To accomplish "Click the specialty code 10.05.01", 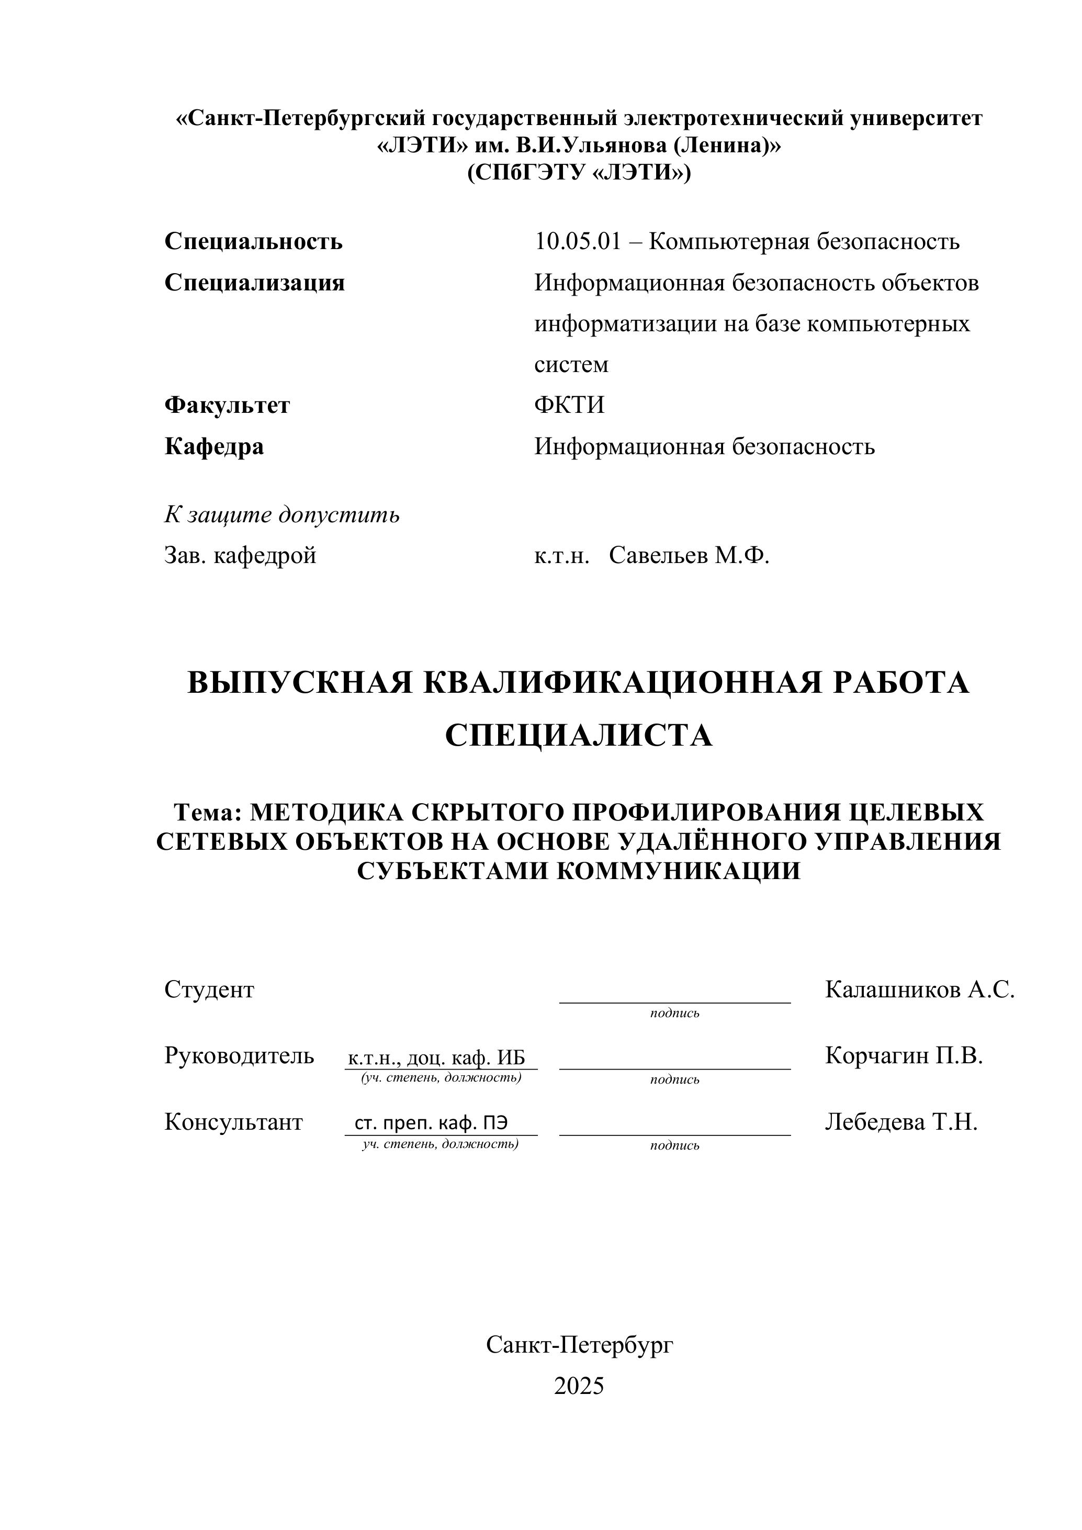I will pyautogui.click(x=577, y=241).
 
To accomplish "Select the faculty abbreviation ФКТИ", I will pyautogui.click(x=569, y=405).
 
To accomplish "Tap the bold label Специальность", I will pyautogui.click(x=253, y=241).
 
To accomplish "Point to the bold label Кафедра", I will pyautogui.click(x=214, y=446).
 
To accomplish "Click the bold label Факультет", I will pyautogui.click(x=227, y=405).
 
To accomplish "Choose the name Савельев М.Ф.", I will pyautogui.click(x=689, y=555).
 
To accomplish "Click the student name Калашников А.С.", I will pyautogui.click(x=919, y=989).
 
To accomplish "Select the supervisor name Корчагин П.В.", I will pyautogui.click(x=904, y=1055).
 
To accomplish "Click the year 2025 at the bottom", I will pyautogui.click(x=578, y=1386).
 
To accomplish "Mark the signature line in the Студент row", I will pyautogui.click(x=674, y=1002).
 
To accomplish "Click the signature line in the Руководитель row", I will pyautogui.click(x=674, y=1068).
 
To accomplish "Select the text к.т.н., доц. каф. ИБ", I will pyautogui.click(x=436, y=1058).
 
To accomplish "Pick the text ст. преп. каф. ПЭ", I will pyautogui.click(x=431, y=1123).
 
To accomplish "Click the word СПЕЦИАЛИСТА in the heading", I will pyautogui.click(x=578, y=736).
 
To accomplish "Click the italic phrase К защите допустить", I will pyautogui.click(x=282, y=514).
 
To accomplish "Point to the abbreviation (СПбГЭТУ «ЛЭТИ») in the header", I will pyautogui.click(x=578, y=173).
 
